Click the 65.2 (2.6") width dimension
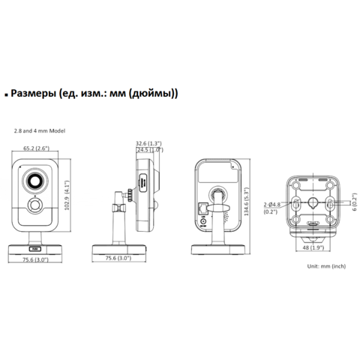tap(36, 148)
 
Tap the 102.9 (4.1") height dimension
tap(67, 196)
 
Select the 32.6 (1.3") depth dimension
tap(148, 143)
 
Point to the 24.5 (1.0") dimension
tap(150, 150)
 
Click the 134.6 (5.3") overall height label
tap(247, 202)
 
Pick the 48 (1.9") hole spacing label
tap(313, 247)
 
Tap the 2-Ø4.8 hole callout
tap(272, 205)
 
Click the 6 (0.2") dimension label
tap(355, 202)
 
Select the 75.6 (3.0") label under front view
tap(35, 259)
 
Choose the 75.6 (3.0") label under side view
tap(118, 258)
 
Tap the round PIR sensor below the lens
tap(35, 205)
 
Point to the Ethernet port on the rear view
tap(202, 208)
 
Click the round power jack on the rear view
tap(203, 221)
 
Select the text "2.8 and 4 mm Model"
tap(40, 130)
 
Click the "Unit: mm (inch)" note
tap(326, 266)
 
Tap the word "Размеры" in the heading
tap(34, 94)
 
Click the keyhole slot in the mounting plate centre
tap(313, 202)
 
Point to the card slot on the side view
tap(143, 183)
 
